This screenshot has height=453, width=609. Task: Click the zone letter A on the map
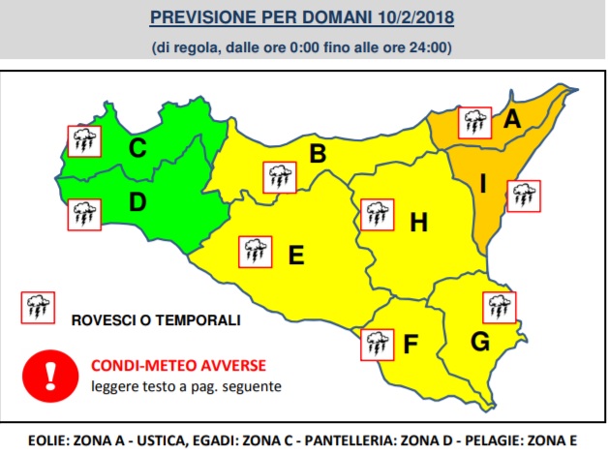511,120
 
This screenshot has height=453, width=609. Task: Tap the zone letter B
317,153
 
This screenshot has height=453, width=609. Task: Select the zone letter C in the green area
137,148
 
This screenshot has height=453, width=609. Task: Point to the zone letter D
137,203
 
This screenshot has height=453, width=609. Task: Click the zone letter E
296,256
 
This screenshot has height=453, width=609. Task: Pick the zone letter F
411,343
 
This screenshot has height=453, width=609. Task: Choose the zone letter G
478,342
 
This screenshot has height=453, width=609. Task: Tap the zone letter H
418,224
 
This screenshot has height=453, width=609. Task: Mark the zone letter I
483,182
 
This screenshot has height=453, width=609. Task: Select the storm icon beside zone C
82,141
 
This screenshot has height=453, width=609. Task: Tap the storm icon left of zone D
82,213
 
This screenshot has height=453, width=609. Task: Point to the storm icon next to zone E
255,251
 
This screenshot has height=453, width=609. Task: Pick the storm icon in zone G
500,307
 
